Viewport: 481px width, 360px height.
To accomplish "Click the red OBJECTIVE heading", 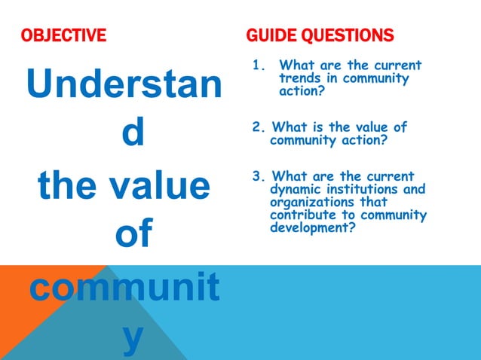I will [63, 35].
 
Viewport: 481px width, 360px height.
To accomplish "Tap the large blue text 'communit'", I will [125, 288].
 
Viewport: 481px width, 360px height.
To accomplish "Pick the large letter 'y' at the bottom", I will [132, 337].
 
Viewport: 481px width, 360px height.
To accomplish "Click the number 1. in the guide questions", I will [259, 66].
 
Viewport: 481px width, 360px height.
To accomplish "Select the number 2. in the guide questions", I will [258, 127].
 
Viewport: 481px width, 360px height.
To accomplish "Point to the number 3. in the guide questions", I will [258, 177].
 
